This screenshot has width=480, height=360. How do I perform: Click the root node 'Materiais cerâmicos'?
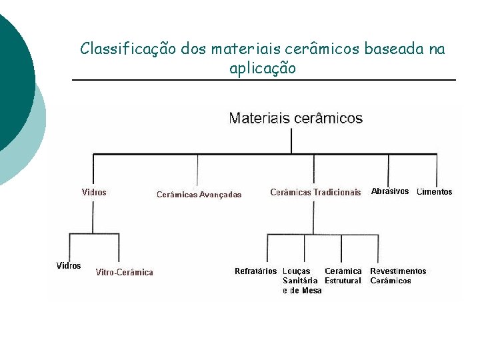(295, 119)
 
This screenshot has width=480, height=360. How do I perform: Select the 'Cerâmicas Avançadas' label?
(199, 195)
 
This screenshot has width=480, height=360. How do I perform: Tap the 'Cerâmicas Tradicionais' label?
(315, 192)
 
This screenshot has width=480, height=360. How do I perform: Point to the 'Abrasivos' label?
(389, 191)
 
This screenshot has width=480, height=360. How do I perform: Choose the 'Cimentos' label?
(434, 192)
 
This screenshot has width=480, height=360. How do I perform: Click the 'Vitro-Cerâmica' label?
(124, 272)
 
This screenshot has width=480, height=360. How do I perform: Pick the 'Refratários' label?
(255, 271)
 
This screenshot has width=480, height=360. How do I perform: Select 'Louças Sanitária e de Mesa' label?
(301, 281)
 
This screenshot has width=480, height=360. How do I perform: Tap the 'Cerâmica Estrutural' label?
(343, 276)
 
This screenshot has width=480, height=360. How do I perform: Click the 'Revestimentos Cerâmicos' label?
(398, 276)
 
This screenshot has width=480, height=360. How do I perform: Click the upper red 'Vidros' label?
(94, 192)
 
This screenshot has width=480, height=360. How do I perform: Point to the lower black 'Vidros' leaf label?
(69, 265)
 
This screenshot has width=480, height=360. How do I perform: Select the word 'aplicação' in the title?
(262, 68)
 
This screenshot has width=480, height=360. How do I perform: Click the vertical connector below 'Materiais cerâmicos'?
(291, 140)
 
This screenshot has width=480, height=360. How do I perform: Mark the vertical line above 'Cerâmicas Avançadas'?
(197, 169)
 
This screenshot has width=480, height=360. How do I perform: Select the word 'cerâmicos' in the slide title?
(321, 49)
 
